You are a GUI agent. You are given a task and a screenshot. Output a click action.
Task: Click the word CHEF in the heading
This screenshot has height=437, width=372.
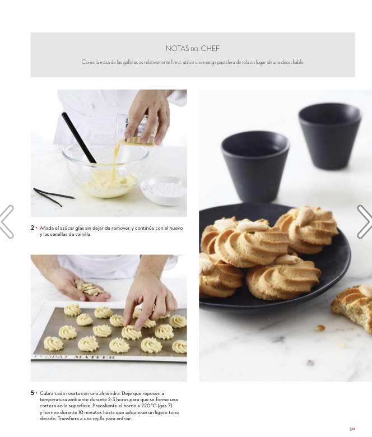pyautogui.click(x=210, y=49)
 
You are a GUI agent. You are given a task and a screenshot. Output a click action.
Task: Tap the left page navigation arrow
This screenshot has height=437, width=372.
pyautogui.click(x=7, y=221)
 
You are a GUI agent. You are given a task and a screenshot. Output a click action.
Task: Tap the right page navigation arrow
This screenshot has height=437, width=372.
pyautogui.click(x=365, y=221)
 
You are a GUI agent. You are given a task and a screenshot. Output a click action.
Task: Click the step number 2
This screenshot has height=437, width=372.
pyautogui.click(x=32, y=227)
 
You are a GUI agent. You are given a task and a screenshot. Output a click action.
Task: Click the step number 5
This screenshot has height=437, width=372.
pyautogui.click(x=32, y=393)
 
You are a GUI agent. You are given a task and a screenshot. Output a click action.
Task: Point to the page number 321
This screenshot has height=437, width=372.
pyautogui.click(x=352, y=429)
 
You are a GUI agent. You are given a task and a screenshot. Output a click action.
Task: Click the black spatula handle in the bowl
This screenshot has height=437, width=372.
pyautogui.click(x=79, y=137)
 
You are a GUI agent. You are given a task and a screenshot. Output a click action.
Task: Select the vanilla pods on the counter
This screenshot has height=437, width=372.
pyautogui.click(x=53, y=196)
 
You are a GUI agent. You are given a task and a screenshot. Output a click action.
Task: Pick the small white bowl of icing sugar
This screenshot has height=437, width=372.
pyautogui.click(x=164, y=190)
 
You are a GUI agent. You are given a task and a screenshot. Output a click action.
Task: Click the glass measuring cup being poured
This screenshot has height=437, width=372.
pyautogui.click(x=137, y=129)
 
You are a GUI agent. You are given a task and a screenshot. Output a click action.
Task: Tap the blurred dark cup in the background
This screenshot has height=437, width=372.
pyautogui.click(x=329, y=135)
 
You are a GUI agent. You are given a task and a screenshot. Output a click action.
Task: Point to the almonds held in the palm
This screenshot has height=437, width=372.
pyautogui.click(x=89, y=288)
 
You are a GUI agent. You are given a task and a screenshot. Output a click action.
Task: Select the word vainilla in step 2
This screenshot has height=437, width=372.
pyautogui.click(x=82, y=234)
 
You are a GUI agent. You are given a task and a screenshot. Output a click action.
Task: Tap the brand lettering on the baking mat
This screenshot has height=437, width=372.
pyautogui.click(x=75, y=357)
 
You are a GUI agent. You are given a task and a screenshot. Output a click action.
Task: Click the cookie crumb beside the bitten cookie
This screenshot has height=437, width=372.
pyautogui.click(x=320, y=328)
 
